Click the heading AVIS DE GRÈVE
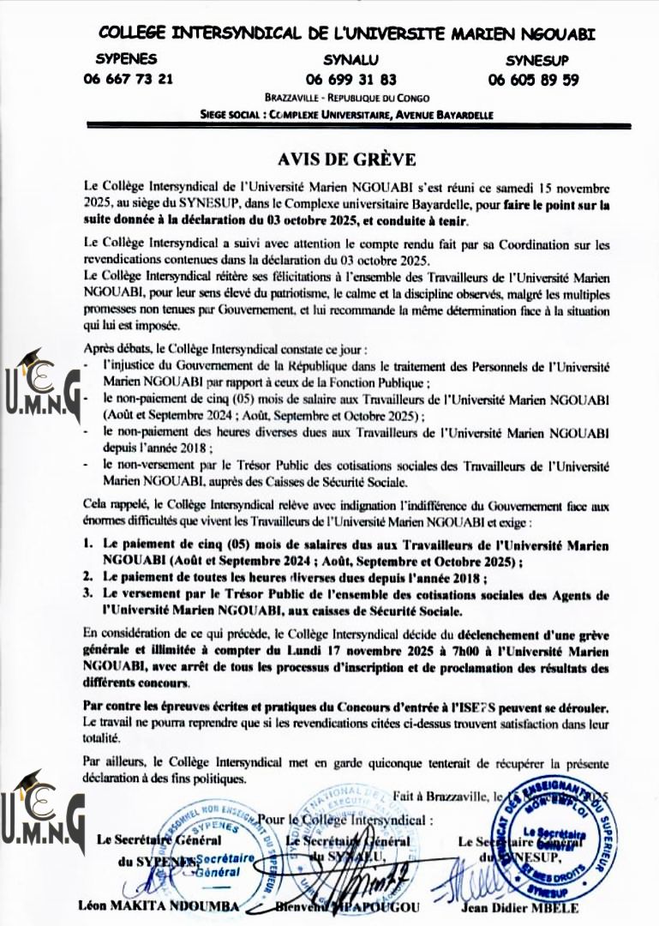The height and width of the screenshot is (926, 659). [346, 159]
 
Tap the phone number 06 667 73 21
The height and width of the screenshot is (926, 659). [128, 79]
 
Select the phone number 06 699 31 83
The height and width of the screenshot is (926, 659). [350, 80]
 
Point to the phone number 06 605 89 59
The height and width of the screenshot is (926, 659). [533, 80]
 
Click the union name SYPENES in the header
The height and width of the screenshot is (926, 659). [126, 59]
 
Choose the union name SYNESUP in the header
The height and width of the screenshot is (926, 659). [536, 60]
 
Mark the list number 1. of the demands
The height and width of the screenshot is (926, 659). [88, 544]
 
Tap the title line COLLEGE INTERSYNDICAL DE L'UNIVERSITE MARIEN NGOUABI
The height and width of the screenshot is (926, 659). [347, 33]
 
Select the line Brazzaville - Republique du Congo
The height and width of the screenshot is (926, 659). [347, 99]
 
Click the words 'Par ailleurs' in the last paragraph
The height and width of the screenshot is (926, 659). [115, 762]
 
